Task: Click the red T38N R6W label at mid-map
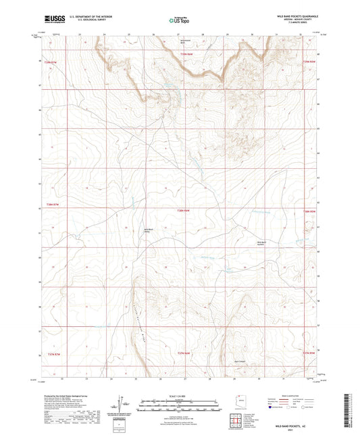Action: pyautogui.click(x=184, y=211)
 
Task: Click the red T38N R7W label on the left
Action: pyautogui.click(x=53, y=205)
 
